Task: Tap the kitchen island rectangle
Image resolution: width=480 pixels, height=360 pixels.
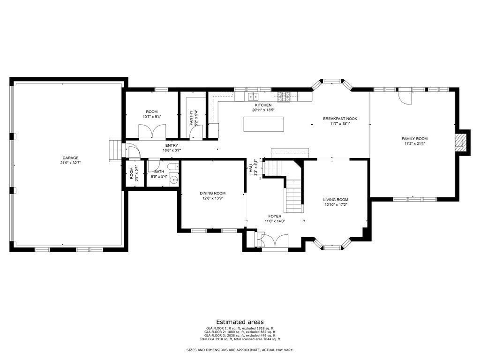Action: tap(263, 123)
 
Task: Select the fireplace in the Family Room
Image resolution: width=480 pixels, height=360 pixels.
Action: tap(462, 142)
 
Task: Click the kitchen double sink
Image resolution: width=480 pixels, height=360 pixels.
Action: tap(253, 97)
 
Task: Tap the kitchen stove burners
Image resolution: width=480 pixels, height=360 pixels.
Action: tap(284, 97)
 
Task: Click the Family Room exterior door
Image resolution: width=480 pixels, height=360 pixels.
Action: tap(404, 97)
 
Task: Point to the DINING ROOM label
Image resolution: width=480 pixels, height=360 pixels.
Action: tap(212, 193)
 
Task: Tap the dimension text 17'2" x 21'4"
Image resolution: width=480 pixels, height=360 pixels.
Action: tap(414, 144)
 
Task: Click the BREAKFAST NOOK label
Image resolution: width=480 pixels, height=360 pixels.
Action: tap(340, 119)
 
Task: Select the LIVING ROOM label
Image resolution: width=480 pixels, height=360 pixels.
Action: tap(336, 199)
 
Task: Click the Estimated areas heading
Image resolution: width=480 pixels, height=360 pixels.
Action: tap(240, 322)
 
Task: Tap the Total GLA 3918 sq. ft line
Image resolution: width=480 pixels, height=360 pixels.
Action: tap(240, 339)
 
